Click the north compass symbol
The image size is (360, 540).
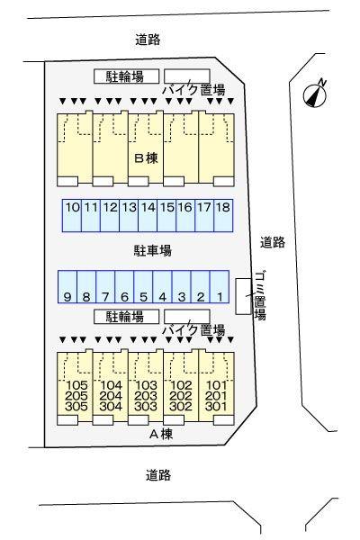314,92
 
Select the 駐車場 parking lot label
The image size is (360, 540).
147,249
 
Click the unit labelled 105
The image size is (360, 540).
75,386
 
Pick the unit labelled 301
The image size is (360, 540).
216,406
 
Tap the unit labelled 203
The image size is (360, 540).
146,396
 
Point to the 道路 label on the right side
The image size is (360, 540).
273,241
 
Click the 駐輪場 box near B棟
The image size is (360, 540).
125,76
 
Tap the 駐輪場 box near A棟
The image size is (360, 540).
125,317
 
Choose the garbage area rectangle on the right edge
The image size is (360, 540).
242,296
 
